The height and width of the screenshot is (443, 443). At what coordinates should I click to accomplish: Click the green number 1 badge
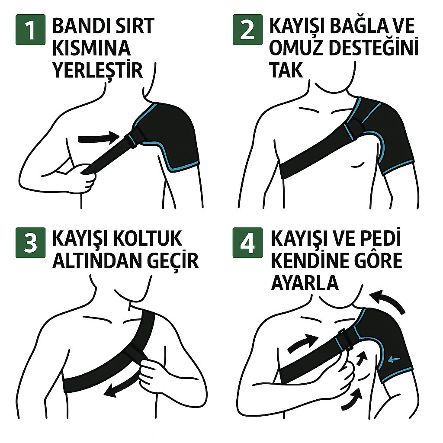[x=31, y=30]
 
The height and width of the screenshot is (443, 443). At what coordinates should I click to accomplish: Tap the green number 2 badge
[x=247, y=30]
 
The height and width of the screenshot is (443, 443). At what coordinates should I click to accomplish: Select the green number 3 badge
[x=31, y=243]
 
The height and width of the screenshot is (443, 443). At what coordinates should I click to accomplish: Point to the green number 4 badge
[x=247, y=243]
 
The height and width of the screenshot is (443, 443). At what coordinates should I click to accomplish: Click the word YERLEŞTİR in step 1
[x=98, y=70]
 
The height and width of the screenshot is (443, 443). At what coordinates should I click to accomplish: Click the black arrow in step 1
[x=99, y=138]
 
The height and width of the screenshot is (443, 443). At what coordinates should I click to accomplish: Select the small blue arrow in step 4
[x=394, y=360]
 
